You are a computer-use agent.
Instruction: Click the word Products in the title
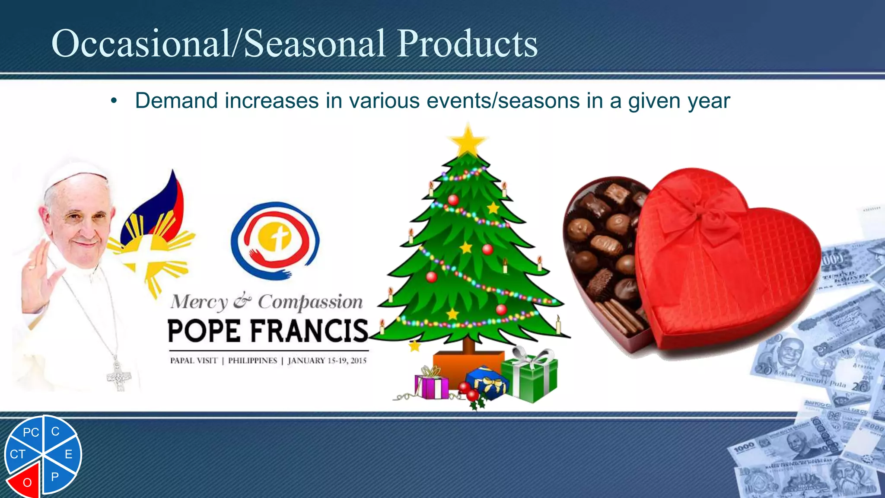coord(468,43)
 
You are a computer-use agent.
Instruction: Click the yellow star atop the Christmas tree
coord(468,140)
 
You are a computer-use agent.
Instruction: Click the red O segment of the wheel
coord(26,481)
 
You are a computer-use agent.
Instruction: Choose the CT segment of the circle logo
coord(18,454)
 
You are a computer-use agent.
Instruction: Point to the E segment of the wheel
coord(67,454)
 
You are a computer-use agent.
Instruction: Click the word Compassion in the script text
coord(310,302)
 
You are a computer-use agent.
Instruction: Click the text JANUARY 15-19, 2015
coord(327,361)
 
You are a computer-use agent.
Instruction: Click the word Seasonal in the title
coord(315,43)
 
